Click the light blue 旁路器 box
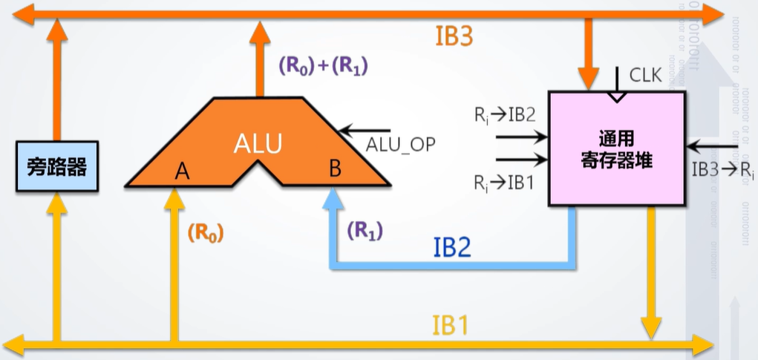[x=56, y=167]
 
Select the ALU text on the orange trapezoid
[x=258, y=143]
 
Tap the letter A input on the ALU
[x=181, y=172]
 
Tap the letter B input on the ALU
[x=335, y=169]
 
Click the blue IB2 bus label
[x=452, y=247]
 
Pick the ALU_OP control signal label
[x=400, y=145]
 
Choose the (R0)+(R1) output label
[x=324, y=66]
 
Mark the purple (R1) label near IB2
[x=365, y=231]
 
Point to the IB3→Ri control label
[x=722, y=169]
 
